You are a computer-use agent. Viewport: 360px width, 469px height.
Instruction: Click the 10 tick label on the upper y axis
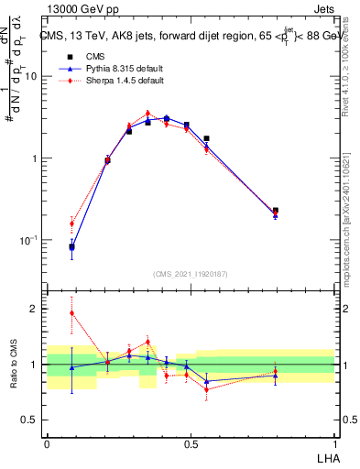pos(30,76)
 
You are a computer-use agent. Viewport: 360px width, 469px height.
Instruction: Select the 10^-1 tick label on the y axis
pos(28,240)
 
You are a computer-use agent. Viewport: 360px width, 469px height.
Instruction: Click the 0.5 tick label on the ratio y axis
pos(30,420)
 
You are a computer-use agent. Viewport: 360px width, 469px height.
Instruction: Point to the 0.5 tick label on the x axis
pos(190,442)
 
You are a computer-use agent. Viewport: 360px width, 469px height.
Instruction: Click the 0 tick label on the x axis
pos(47,442)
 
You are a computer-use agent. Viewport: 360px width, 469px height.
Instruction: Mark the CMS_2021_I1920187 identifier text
pos(190,274)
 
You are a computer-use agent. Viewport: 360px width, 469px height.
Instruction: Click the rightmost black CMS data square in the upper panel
pos(276,211)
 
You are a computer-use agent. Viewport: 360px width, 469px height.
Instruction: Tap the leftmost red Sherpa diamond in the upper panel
pos(72,224)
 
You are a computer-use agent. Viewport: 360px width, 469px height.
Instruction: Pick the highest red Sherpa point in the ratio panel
pos(72,313)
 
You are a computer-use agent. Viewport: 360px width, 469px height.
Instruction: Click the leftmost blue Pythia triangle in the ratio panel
pos(72,367)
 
